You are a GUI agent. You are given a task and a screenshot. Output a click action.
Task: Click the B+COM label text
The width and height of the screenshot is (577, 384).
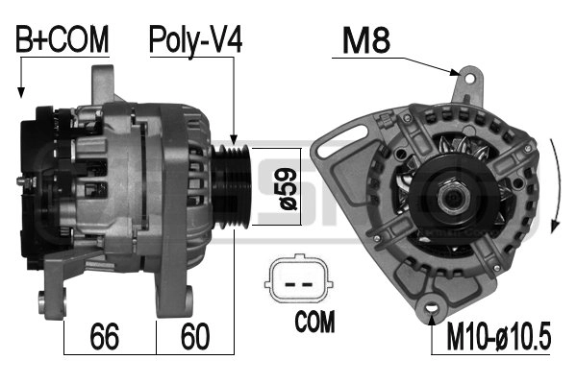pyautogui.click(x=63, y=39)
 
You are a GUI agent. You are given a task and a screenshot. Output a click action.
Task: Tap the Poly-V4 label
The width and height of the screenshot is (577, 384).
pyautogui.click(x=195, y=40)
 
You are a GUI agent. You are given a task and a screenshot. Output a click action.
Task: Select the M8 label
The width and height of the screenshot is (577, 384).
pyautogui.click(x=365, y=40)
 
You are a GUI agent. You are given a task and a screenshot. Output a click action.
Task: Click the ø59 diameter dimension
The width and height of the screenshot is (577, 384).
pyautogui.click(x=288, y=189)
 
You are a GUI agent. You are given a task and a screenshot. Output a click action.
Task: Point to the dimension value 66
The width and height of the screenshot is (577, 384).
pyautogui.click(x=105, y=336)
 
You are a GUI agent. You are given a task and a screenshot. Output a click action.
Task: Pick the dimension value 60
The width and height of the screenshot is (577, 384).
pyautogui.click(x=195, y=336)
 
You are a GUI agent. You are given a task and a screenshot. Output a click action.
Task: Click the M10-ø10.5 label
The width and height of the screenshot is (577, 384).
pyautogui.click(x=498, y=336)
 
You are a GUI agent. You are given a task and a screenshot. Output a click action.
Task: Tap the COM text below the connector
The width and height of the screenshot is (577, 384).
pyautogui.click(x=314, y=322)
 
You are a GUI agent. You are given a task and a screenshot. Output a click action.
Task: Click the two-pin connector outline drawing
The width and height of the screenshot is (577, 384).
pyautogui.click(x=299, y=278)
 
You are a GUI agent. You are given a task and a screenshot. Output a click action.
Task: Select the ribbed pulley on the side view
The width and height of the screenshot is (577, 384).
pyautogui.click(x=231, y=186)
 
